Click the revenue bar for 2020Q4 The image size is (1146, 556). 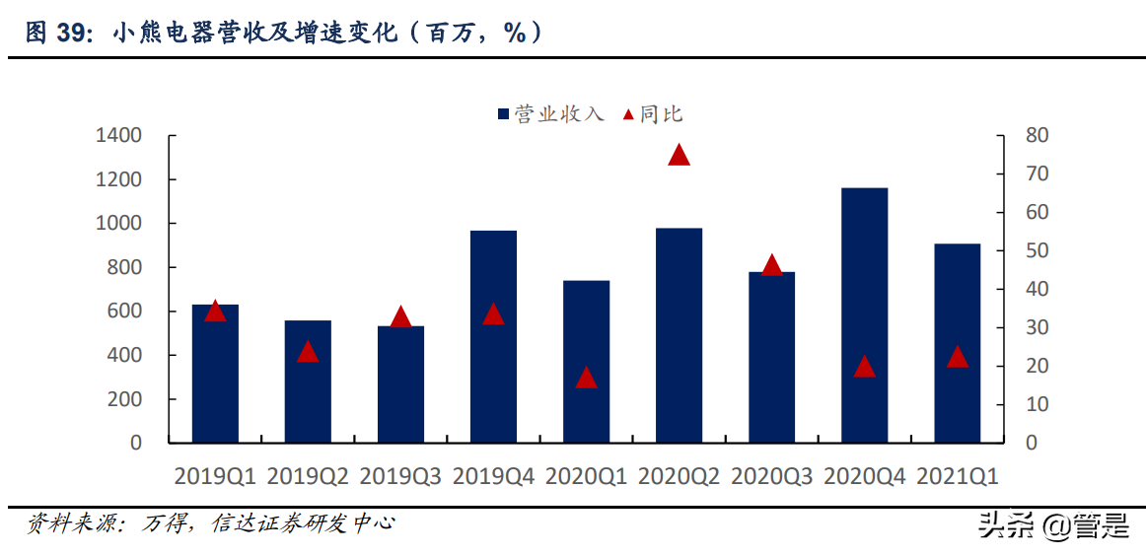864,314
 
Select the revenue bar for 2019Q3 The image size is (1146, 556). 400,383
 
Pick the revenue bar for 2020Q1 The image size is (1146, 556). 586,361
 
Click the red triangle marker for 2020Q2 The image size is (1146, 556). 679,155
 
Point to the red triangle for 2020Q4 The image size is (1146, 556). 864,367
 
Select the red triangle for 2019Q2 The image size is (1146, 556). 308,352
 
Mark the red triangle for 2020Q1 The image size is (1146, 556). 586,378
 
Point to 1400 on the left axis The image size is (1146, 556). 118,135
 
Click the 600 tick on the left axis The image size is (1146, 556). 124,311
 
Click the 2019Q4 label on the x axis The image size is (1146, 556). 493,476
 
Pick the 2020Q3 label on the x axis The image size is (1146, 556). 771,476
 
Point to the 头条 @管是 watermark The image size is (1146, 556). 1052,526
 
